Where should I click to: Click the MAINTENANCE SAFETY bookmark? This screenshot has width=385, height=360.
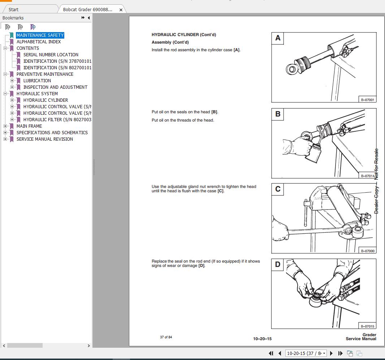tap(40, 35)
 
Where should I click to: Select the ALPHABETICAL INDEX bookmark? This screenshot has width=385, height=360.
tap(39, 42)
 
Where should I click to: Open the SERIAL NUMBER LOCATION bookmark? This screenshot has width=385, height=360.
tap(51, 55)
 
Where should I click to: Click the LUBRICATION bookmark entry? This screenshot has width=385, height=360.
tap(37, 81)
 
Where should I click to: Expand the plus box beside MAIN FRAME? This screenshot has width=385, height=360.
tap(5, 126)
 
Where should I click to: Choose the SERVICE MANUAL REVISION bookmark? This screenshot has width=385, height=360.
tap(44, 139)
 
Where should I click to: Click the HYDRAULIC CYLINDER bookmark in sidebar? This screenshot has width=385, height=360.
tap(46, 100)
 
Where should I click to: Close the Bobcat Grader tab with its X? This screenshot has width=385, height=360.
tap(121, 10)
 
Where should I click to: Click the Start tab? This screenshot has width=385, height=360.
tap(13, 10)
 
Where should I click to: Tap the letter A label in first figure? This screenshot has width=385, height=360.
tap(278, 38)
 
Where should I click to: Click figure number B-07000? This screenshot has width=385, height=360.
tap(368, 251)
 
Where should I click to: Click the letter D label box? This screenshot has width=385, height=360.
tap(278, 264)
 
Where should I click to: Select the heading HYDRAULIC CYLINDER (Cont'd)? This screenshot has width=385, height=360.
tap(183, 35)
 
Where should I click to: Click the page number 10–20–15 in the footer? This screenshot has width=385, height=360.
tap(262, 339)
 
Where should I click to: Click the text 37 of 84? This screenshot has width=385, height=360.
tap(166, 337)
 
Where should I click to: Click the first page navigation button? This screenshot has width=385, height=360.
tap(271, 354)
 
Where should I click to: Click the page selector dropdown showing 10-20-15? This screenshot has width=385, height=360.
tap(306, 354)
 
